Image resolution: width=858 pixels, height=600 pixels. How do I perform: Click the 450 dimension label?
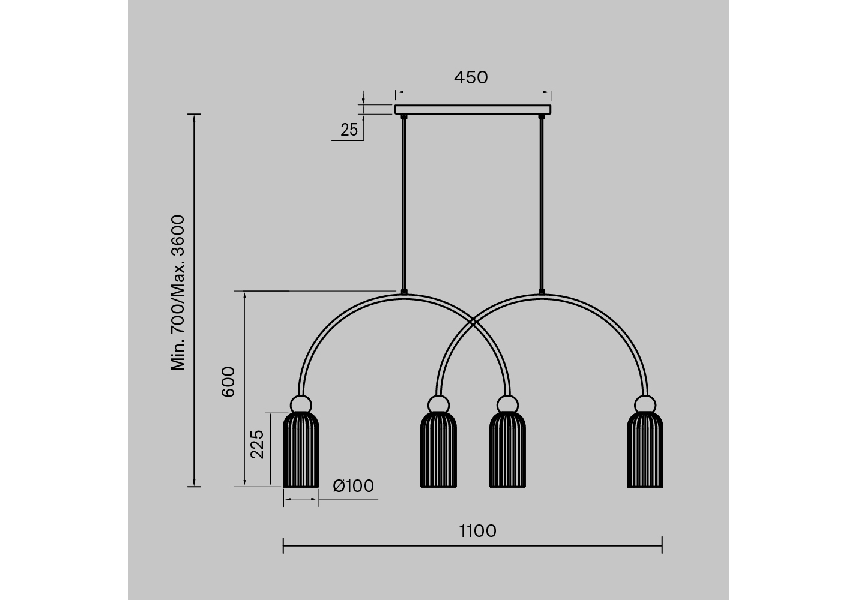click(471, 77)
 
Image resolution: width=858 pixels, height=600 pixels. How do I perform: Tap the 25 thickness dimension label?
click(349, 130)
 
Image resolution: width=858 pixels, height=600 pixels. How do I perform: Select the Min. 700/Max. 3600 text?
click(178, 293)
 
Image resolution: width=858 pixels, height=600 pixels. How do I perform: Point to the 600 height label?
click(228, 382)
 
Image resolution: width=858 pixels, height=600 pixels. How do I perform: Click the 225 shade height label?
click(257, 444)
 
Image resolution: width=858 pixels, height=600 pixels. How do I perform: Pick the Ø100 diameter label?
click(353, 486)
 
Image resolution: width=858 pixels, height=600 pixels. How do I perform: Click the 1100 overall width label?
click(478, 531)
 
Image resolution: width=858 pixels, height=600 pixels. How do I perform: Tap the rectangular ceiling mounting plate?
click(473, 109)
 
